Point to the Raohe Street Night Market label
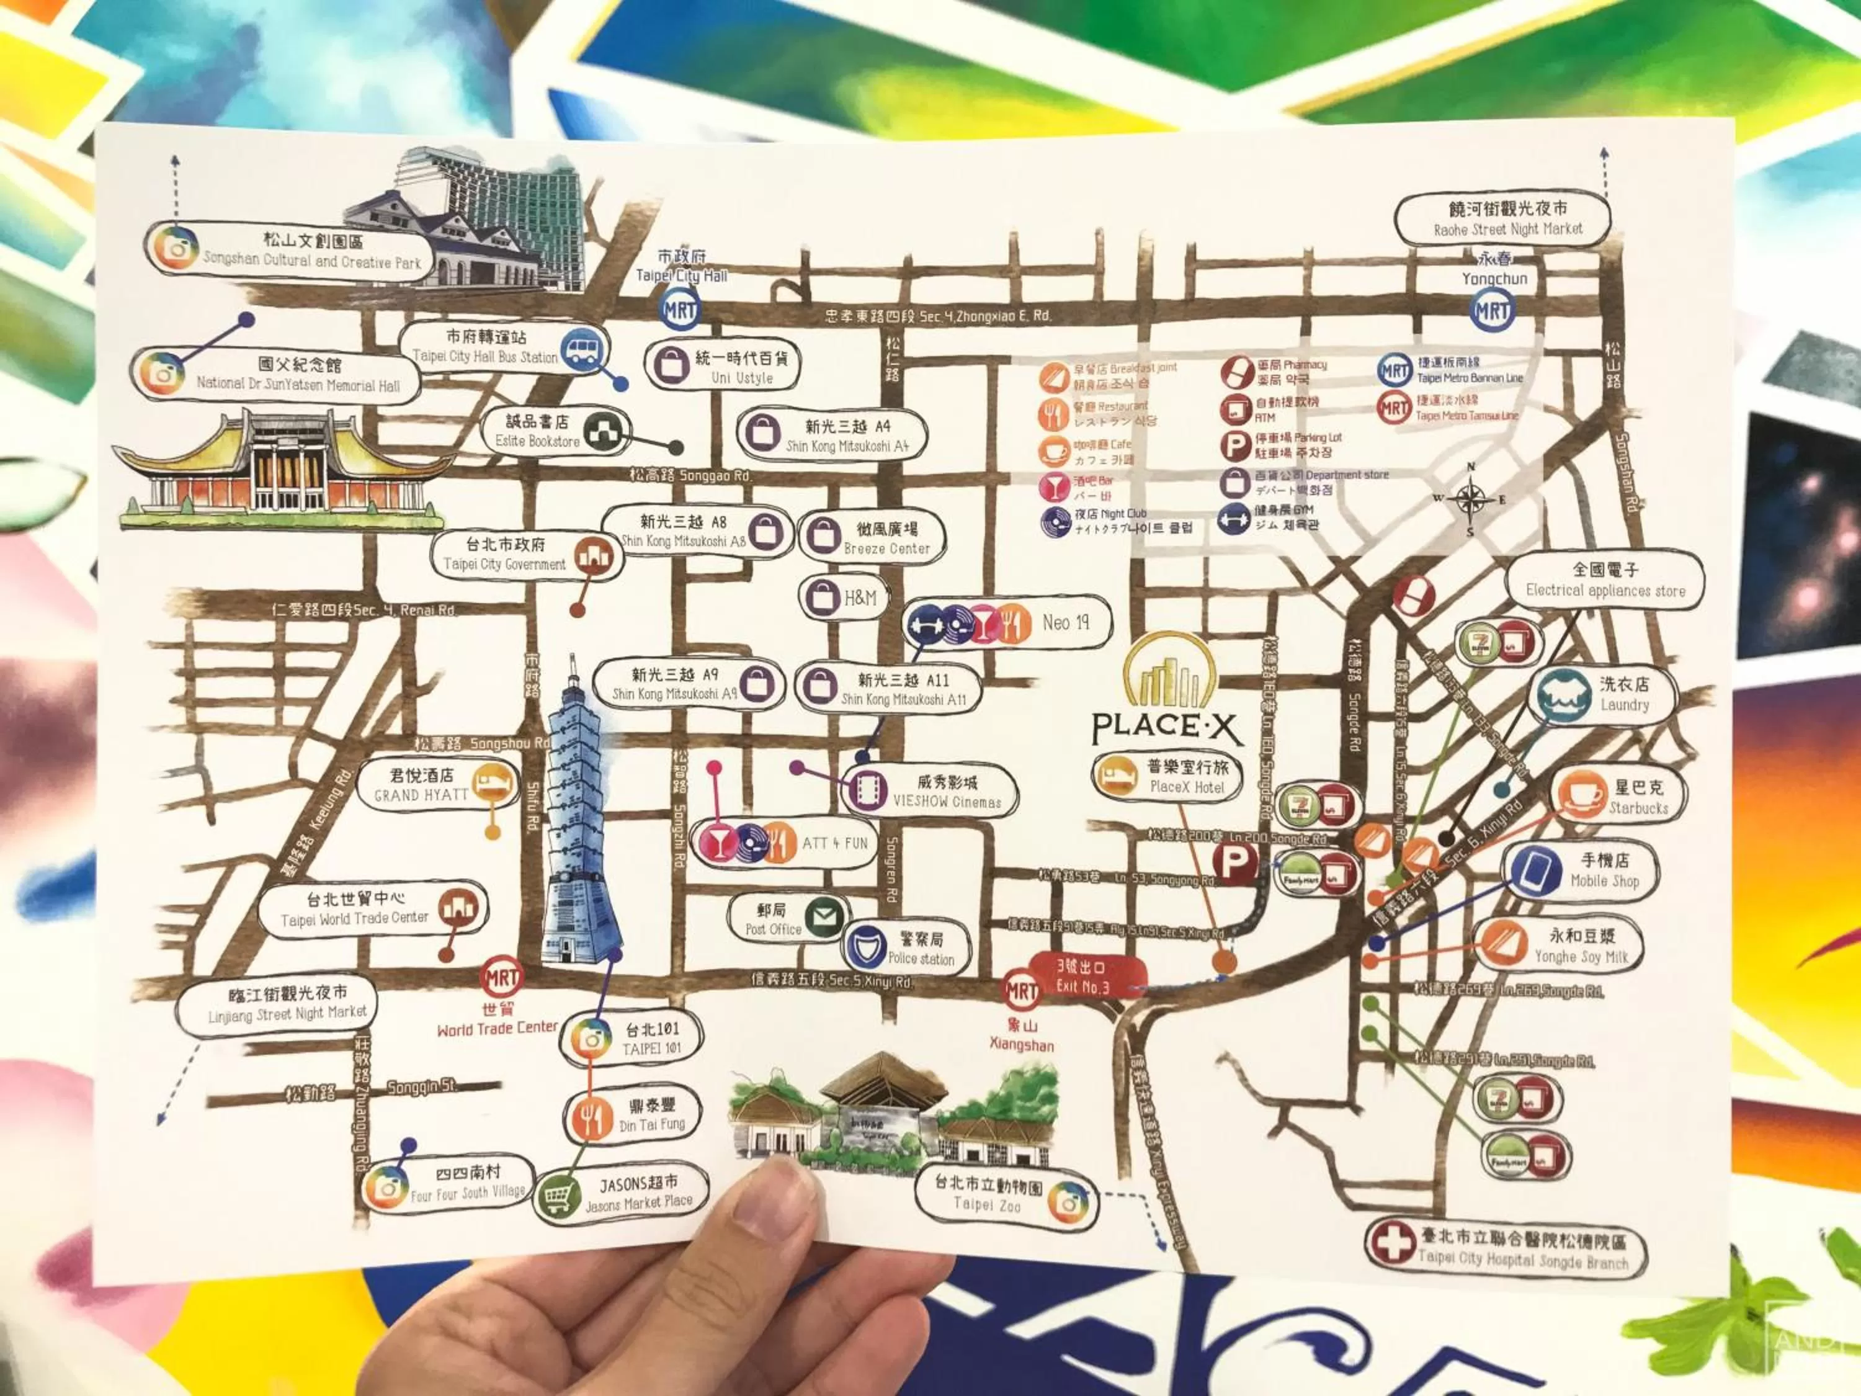point(1502,219)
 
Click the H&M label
point(860,598)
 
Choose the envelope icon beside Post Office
point(824,917)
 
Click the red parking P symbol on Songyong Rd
point(1234,862)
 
